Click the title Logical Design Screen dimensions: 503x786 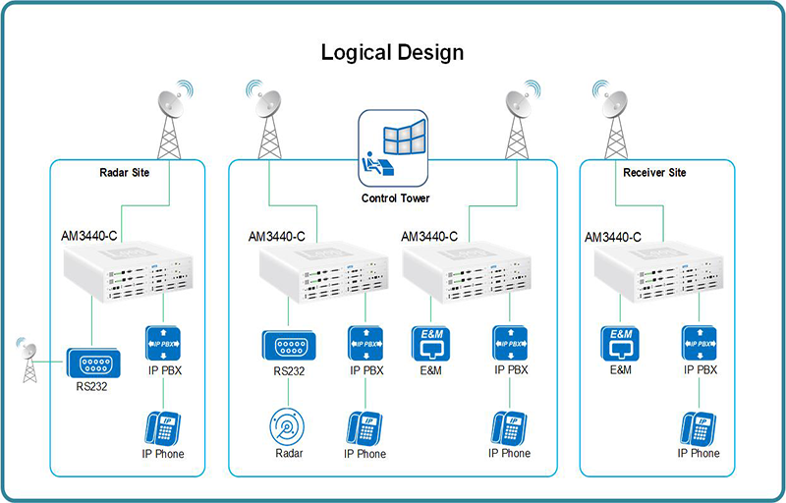click(x=392, y=51)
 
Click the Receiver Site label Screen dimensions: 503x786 click(x=654, y=173)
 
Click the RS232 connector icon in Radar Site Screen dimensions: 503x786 click(x=93, y=363)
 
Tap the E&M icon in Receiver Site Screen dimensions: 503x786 click(x=620, y=343)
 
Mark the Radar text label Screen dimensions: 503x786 click(x=288, y=454)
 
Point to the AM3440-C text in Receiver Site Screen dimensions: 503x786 click(x=613, y=237)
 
